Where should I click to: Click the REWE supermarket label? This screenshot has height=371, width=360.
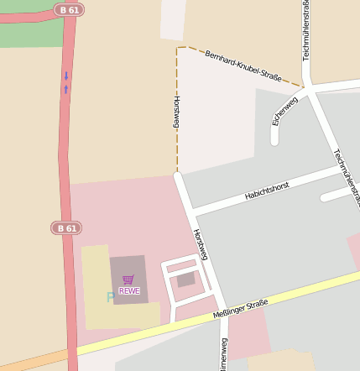(x=129, y=291)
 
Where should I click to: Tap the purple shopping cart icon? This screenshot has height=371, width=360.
(x=128, y=280)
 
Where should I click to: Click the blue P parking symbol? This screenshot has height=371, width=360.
(x=111, y=297)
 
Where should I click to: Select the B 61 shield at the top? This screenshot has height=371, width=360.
(x=68, y=9)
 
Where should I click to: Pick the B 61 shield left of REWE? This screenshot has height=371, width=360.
(x=65, y=227)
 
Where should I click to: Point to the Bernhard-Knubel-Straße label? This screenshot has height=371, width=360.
(x=243, y=65)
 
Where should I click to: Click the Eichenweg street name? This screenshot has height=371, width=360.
(x=284, y=111)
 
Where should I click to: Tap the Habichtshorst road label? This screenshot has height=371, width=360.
(x=266, y=190)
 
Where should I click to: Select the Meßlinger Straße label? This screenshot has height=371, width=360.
(x=240, y=308)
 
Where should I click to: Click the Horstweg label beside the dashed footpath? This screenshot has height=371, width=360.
(x=177, y=111)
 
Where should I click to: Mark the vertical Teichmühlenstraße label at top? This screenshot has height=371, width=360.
(x=306, y=30)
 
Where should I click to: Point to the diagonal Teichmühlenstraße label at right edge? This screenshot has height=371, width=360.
(x=347, y=177)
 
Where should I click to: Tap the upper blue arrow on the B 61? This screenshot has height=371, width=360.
(x=66, y=76)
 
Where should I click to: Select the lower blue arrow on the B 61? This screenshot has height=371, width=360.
(x=66, y=88)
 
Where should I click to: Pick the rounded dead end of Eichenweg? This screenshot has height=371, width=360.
(x=274, y=139)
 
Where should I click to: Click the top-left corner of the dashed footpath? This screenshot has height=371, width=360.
(x=177, y=48)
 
